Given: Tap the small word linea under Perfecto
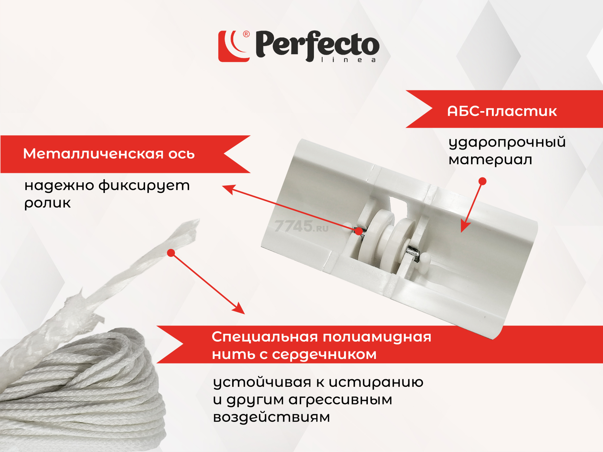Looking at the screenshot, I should click(348, 60).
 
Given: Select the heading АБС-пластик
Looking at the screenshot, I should click(502, 111).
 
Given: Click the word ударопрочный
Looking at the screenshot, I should click(507, 143).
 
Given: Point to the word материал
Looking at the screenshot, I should click(490, 160).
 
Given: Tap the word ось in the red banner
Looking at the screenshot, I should click(181, 154).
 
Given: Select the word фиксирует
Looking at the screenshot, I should click(144, 186).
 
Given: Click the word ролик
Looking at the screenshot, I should click(47, 204).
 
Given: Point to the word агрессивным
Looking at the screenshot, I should click(340, 400).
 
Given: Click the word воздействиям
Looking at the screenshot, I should click(271, 417).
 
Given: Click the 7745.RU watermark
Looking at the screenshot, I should click(301, 226).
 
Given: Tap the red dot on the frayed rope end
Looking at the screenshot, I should click(171, 253).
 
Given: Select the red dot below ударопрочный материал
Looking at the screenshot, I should click(482, 181).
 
